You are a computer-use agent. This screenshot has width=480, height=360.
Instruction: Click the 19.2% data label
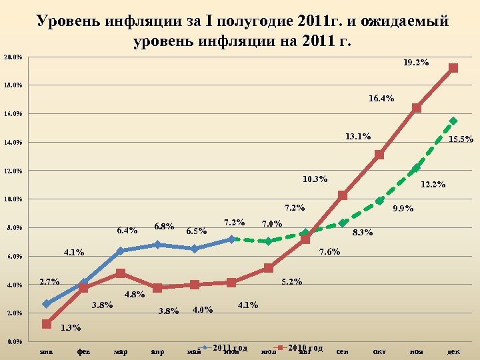[416, 63]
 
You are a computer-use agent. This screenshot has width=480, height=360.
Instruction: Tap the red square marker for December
[453, 68]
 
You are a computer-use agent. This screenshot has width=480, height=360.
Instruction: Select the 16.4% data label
[381, 99]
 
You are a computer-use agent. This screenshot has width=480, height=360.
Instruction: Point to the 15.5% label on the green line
[461, 139]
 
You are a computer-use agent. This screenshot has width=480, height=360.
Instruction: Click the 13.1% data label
[358, 137]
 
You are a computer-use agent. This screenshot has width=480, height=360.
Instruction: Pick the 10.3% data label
[315, 179]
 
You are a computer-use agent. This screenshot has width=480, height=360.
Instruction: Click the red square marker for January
[46, 324]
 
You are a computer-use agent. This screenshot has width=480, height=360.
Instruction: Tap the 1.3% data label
[71, 327]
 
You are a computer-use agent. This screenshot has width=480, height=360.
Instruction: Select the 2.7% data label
[51, 281]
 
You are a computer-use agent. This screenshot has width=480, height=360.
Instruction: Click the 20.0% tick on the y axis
[13, 57]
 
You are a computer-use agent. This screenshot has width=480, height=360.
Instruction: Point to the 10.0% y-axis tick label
[13, 199]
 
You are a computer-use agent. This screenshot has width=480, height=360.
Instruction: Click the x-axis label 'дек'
[453, 351]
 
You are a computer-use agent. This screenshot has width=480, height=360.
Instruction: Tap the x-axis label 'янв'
[46, 351]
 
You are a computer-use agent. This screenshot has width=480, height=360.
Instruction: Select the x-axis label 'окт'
[379, 351]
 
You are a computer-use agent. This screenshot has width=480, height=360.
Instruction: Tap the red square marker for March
[120, 273]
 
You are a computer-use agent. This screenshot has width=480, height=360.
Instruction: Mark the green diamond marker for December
[453, 121]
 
